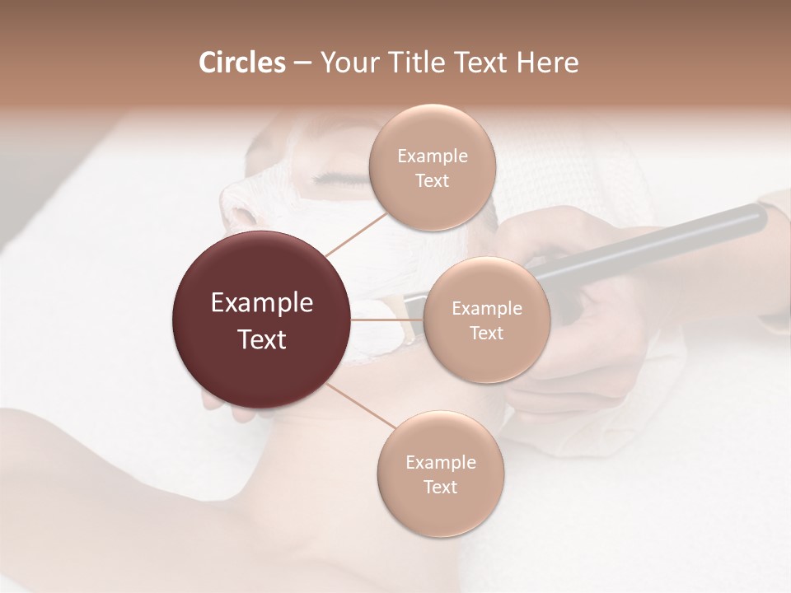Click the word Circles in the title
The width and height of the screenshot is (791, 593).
coord(241,63)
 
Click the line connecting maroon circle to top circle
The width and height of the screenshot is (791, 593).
coord(356,232)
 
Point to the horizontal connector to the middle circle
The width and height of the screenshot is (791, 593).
coord(387,320)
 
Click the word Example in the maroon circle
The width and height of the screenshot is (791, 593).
coord(262,303)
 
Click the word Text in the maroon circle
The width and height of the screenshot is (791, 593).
coord(262,339)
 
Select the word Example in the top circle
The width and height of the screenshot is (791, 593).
coord(432,156)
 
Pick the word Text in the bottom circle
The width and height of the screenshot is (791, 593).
coord(440,487)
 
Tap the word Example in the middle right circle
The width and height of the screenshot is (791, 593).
coord(486,309)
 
